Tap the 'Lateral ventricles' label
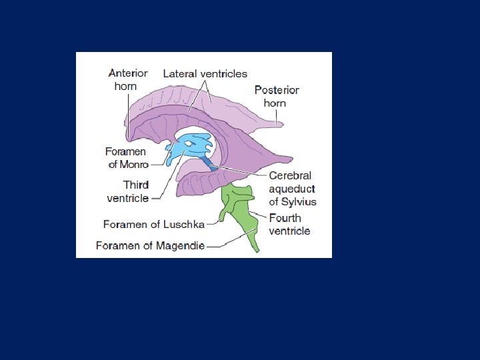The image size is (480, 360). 205,74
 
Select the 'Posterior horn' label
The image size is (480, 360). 276,96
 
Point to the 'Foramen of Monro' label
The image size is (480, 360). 127,158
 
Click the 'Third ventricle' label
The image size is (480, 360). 127,191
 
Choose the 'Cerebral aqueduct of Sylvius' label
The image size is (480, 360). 292,189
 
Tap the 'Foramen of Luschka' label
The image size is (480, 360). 153,225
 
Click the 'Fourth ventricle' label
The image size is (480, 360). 289,225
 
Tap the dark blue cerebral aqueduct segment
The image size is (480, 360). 210,164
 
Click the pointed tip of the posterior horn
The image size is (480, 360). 281,123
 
